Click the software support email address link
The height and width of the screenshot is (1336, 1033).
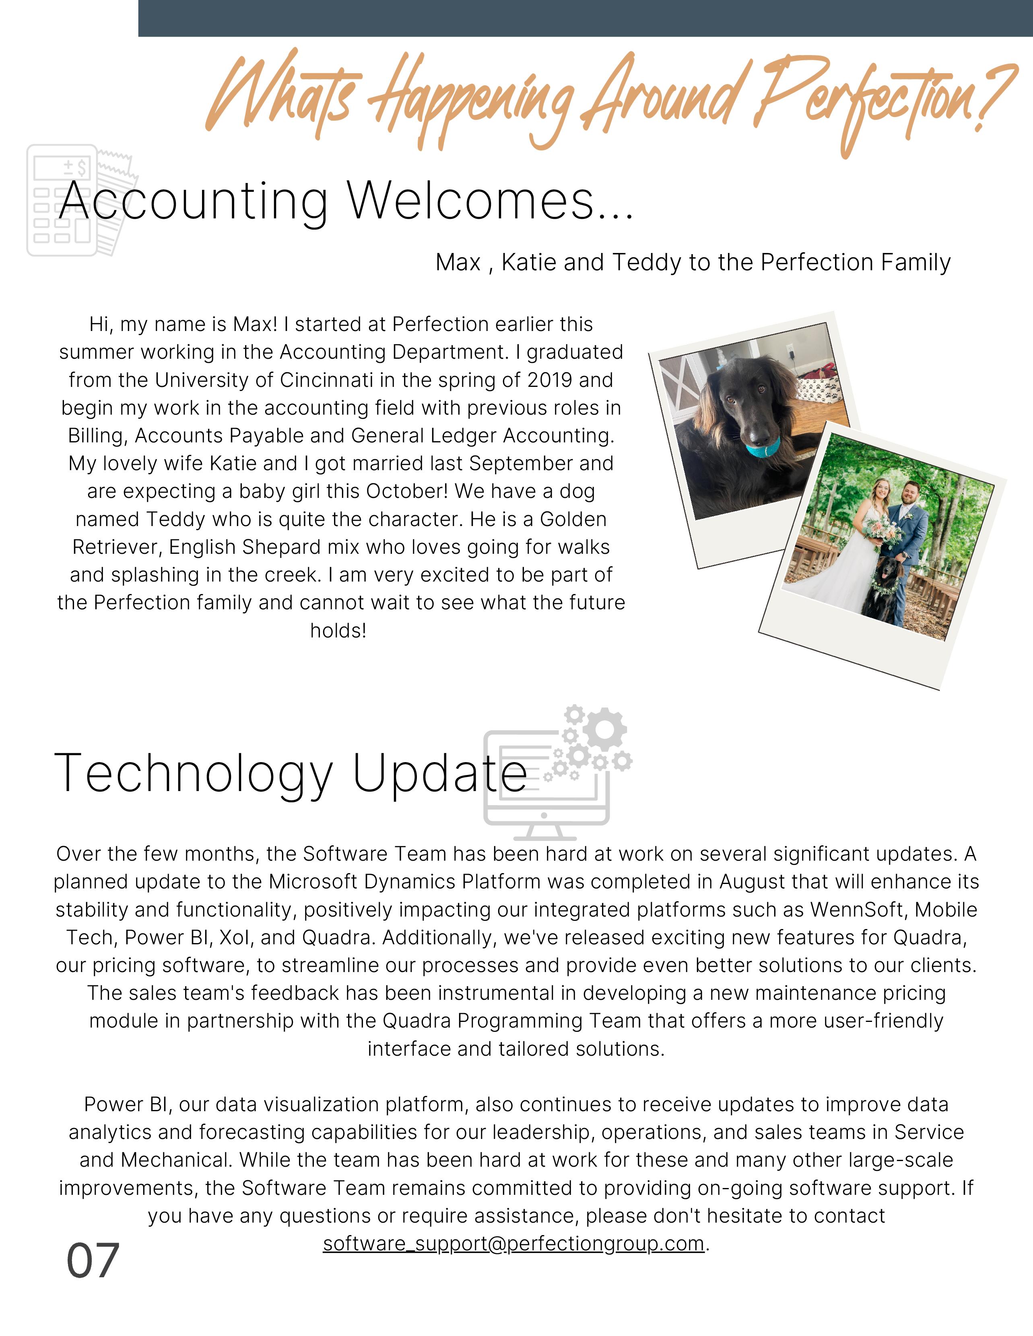(x=513, y=1244)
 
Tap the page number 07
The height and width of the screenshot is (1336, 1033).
(x=93, y=1261)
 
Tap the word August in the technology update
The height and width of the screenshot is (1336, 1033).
(x=752, y=882)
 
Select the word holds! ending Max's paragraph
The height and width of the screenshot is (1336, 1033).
(x=338, y=631)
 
